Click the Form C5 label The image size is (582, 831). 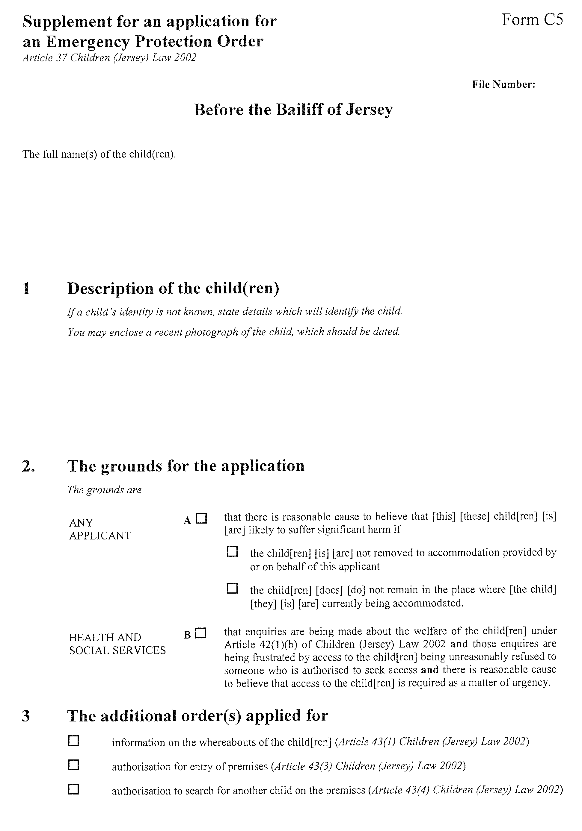click(532, 20)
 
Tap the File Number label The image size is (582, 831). click(503, 85)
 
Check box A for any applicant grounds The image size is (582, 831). click(201, 519)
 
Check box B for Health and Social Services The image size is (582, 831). click(200, 633)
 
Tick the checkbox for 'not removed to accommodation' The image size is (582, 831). click(232, 552)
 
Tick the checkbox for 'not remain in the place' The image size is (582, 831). click(232, 589)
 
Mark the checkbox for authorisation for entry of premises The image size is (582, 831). click(73, 765)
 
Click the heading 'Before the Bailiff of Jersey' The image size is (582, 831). click(293, 110)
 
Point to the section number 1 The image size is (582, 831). click(26, 289)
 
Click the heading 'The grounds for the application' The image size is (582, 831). click(186, 466)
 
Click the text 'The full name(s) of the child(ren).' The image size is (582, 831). click(99, 154)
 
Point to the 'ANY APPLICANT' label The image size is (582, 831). click(100, 529)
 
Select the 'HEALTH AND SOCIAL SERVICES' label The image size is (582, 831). click(117, 644)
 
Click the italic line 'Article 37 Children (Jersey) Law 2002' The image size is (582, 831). click(109, 58)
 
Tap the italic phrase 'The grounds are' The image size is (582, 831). click(104, 490)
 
